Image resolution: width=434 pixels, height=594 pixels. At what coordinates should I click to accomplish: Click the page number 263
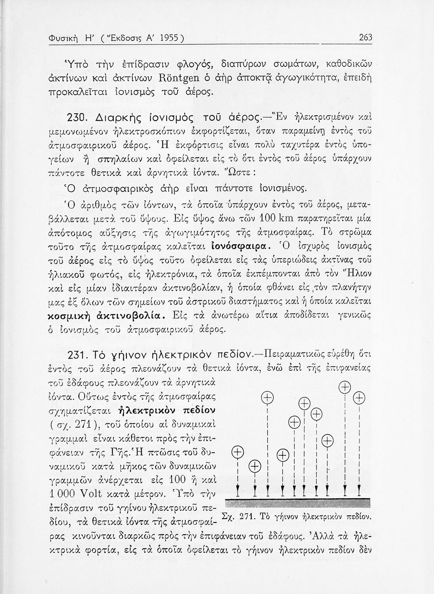pos(365,38)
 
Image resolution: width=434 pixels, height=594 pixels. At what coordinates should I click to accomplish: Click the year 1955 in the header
pos(169,38)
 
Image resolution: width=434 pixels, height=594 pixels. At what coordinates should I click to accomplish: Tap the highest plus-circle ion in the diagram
pos(346,386)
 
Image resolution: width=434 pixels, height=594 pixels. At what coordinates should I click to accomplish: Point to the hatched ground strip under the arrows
pos(298,503)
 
